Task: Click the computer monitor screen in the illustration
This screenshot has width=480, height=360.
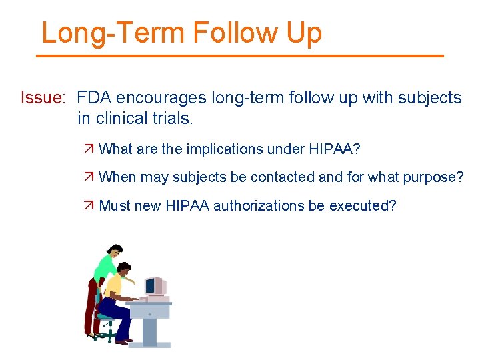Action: pos(150,286)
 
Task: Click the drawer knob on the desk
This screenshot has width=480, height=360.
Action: pos(149,313)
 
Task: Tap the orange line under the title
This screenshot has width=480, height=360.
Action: pos(239,56)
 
